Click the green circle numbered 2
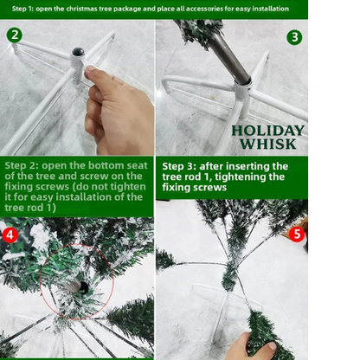(x=14, y=35)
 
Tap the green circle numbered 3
(x=294, y=37)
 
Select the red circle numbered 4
(x=10, y=235)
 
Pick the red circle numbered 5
(x=297, y=235)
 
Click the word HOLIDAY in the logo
(x=268, y=131)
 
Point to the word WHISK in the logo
(x=268, y=144)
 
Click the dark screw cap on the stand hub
(x=78, y=52)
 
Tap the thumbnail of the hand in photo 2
(x=92, y=68)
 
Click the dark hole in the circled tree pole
(x=83, y=286)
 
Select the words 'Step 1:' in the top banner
(x=22, y=9)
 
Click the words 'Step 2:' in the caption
(x=22, y=165)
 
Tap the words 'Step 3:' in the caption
(x=179, y=166)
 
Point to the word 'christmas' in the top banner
(x=81, y=9)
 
